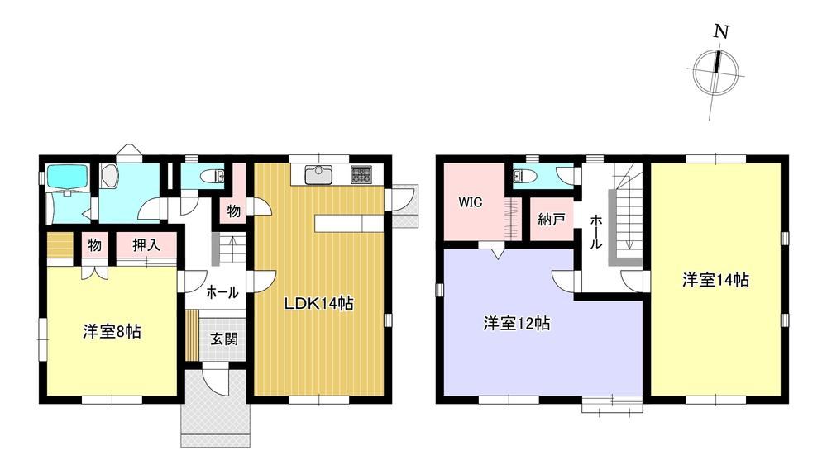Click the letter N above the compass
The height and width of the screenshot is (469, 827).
coord(721,31)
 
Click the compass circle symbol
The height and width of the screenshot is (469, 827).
coord(715,72)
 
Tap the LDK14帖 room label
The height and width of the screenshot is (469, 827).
coord(319,303)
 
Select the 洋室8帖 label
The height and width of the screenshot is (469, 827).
coord(112,332)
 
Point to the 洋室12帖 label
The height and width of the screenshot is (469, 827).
coord(517,323)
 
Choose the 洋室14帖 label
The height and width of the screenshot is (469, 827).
coord(715,280)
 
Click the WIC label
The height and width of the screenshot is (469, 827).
coord(470,202)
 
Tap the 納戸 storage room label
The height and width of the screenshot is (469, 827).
coord(551,219)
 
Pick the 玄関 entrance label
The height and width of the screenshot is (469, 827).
coord(224,339)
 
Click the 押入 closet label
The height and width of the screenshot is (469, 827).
coord(146,244)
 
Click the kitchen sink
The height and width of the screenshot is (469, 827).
coord(318,175)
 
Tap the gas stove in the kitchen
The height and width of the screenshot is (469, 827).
coord(361,175)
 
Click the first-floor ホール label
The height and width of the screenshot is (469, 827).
coord(222,292)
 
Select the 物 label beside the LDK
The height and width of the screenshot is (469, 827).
coord(234,211)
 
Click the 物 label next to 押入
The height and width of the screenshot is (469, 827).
coord(95,244)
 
